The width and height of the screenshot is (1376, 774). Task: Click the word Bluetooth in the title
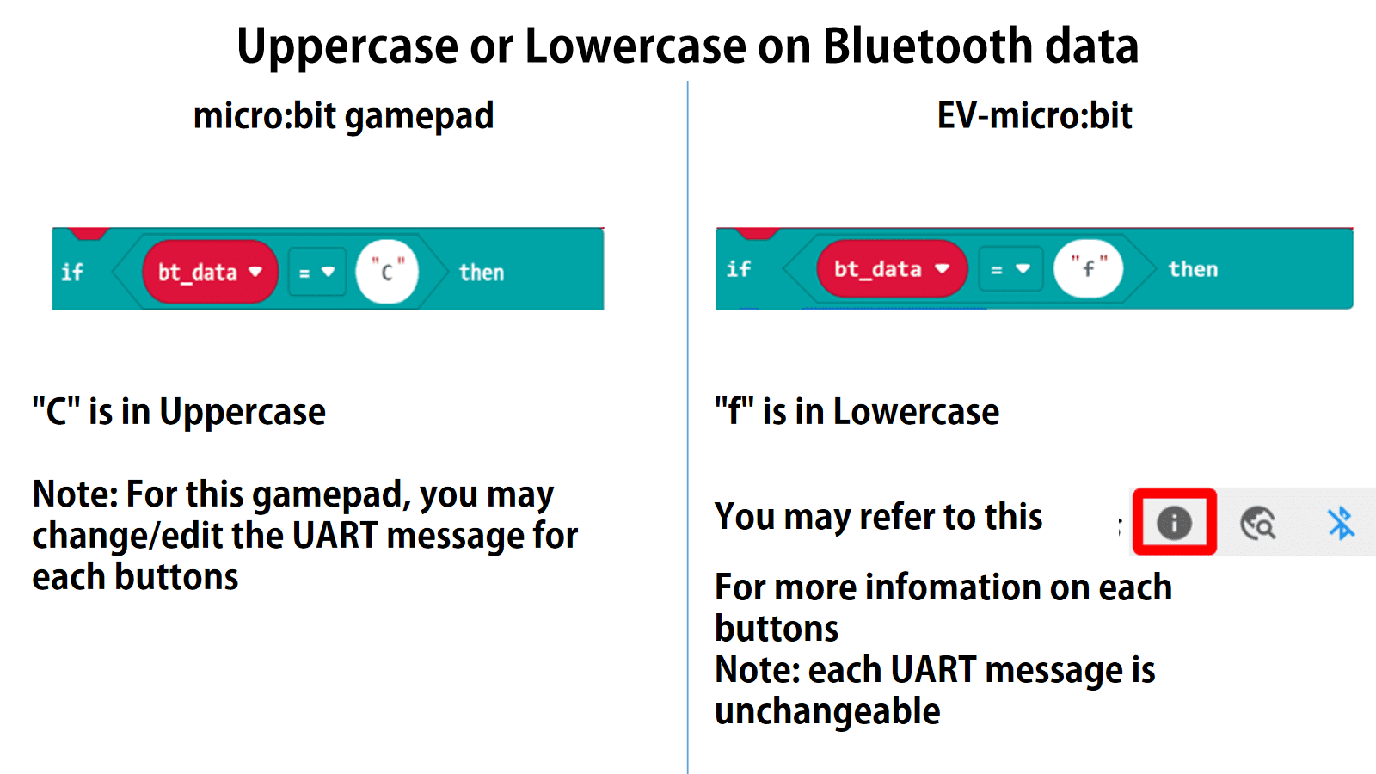point(927,46)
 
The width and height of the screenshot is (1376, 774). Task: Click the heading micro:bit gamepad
point(343,116)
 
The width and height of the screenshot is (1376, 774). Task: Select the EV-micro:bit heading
point(1034,116)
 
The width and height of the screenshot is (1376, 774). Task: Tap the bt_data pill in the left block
point(210,273)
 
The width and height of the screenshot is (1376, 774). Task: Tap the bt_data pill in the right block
point(891,269)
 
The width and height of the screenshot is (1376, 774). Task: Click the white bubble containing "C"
point(387,272)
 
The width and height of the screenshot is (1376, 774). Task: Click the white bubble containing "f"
point(1088,268)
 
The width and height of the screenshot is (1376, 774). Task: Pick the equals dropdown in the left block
point(316,273)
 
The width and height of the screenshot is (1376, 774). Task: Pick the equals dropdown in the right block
point(1009,269)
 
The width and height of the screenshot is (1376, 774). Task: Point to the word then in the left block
point(481,273)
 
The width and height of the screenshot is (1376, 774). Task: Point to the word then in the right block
point(1192,269)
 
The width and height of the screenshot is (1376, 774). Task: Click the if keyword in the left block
point(72,273)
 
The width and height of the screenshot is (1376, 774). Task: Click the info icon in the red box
point(1174,522)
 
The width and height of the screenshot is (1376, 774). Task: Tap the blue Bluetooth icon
point(1340,522)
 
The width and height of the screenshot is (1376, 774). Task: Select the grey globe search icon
point(1257,522)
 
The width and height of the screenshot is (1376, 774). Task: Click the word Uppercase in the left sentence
point(243,413)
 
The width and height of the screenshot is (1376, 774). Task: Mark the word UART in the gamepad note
point(335,536)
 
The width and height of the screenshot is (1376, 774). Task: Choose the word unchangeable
point(827,711)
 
